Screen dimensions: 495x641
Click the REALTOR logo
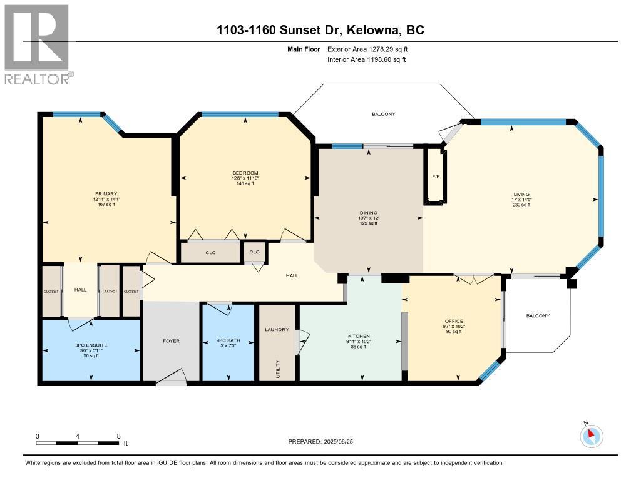point(37,44)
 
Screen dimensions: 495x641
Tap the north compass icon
point(592,436)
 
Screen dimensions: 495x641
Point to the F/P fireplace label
point(436,177)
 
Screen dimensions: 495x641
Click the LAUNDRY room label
point(276,330)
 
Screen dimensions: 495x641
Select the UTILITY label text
point(277,369)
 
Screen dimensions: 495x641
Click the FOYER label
point(171,341)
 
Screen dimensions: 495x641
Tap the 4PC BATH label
point(228,341)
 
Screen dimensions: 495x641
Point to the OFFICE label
point(454,321)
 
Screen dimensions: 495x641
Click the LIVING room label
point(521,194)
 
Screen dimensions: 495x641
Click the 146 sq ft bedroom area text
point(245,183)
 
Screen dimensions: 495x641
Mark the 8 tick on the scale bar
point(118,436)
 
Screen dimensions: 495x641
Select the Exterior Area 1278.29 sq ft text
point(369,49)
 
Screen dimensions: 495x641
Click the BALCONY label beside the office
point(537,316)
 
